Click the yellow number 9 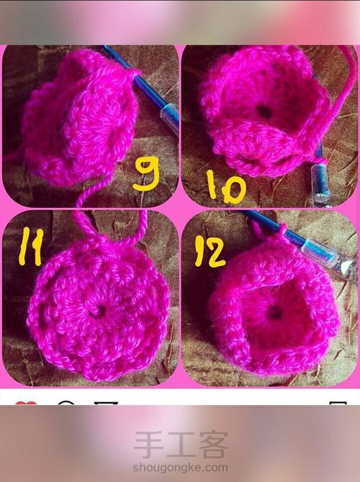(x=146, y=173)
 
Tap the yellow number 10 (x=227, y=187)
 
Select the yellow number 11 (x=31, y=247)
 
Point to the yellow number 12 (x=211, y=251)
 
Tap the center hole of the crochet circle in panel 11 (x=99, y=312)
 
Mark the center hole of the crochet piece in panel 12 (x=275, y=313)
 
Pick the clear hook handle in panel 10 (x=320, y=183)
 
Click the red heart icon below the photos (x=26, y=404)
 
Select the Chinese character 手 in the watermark (x=148, y=445)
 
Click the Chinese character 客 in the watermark (x=214, y=445)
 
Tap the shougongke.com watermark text (x=180, y=468)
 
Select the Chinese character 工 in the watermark (x=181, y=445)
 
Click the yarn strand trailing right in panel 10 (x=338, y=101)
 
